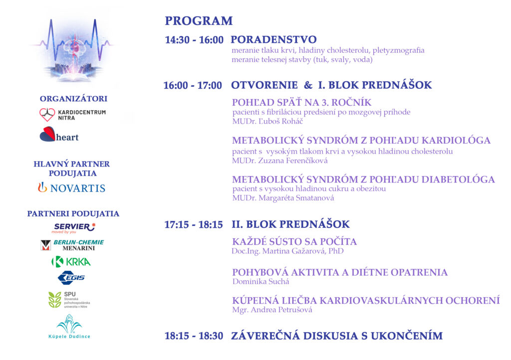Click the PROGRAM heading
(199, 21)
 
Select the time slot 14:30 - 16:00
(194, 40)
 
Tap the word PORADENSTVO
(273, 40)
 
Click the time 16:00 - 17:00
(193, 85)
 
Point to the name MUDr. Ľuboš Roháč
(267, 121)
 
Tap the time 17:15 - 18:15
(194, 224)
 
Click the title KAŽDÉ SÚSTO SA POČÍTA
(294, 242)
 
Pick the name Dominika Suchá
(260, 281)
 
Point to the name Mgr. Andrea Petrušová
(272, 310)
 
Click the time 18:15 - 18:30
(194, 336)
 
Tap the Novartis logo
(72, 187)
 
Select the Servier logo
(74, 228)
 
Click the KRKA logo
(71, 261)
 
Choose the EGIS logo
(71, 277)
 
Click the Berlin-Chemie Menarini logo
(72, 245)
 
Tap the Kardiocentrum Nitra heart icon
(47, 115)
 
